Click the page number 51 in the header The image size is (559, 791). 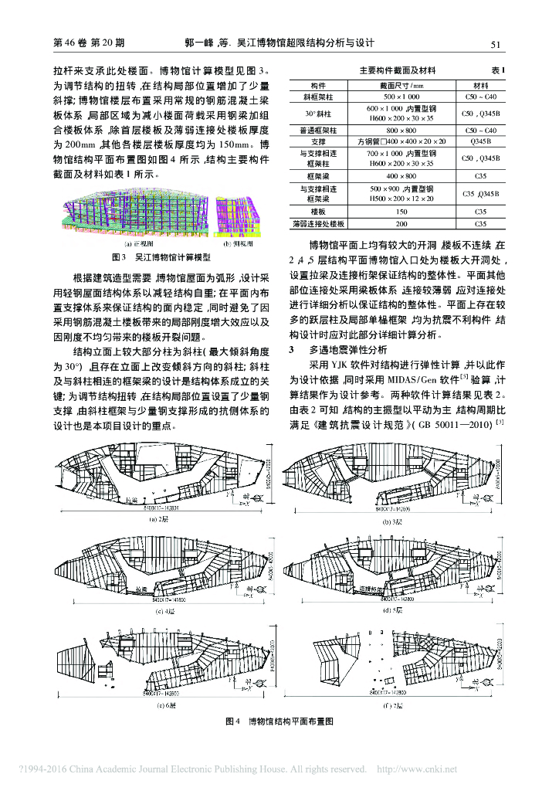[496, 43]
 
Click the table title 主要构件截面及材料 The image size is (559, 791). [398, 70]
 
